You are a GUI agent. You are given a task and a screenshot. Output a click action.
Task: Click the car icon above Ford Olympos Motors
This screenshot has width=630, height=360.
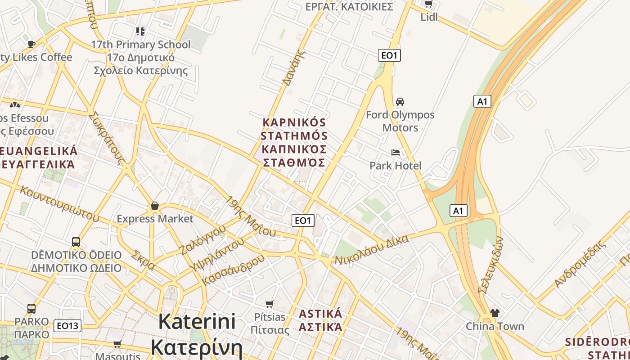click(x=400, y=102)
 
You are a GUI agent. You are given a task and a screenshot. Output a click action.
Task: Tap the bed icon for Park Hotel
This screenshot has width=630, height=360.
click(x=396, y=153)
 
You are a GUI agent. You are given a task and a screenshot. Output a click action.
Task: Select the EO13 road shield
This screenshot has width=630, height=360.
click(x=67, y=326)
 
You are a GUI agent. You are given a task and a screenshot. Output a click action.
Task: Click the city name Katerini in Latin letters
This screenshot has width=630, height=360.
click(x=197, y=321)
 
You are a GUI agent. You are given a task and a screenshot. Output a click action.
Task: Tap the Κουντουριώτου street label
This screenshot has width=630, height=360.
click(x=59, y=203)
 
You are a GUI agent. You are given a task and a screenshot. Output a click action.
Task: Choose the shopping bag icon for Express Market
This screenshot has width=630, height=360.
click(x=155, y=206)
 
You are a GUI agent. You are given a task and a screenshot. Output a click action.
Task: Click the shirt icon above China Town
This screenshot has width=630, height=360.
click(x=495, y=313)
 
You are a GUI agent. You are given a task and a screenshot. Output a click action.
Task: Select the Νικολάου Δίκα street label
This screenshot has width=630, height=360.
click(x=372, y=250)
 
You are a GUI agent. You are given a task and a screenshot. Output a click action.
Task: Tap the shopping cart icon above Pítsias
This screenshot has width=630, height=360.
click(x=270, y=304)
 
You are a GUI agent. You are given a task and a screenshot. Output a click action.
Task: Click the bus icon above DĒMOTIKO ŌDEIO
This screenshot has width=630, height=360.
click(x=76, y=242)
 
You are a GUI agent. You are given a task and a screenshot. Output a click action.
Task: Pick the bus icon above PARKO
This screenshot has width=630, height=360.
click(x=31, y=309)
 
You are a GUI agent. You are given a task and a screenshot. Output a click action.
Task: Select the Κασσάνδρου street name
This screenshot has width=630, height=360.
click(x=234, y=269)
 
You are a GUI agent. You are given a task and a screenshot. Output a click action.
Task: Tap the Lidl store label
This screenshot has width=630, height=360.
click(x=429, y=17)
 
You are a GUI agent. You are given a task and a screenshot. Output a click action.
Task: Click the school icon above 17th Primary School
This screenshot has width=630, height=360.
click(x=140, y=31)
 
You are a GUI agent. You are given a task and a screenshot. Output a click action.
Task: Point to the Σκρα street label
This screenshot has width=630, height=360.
click(x=143, y=260)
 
